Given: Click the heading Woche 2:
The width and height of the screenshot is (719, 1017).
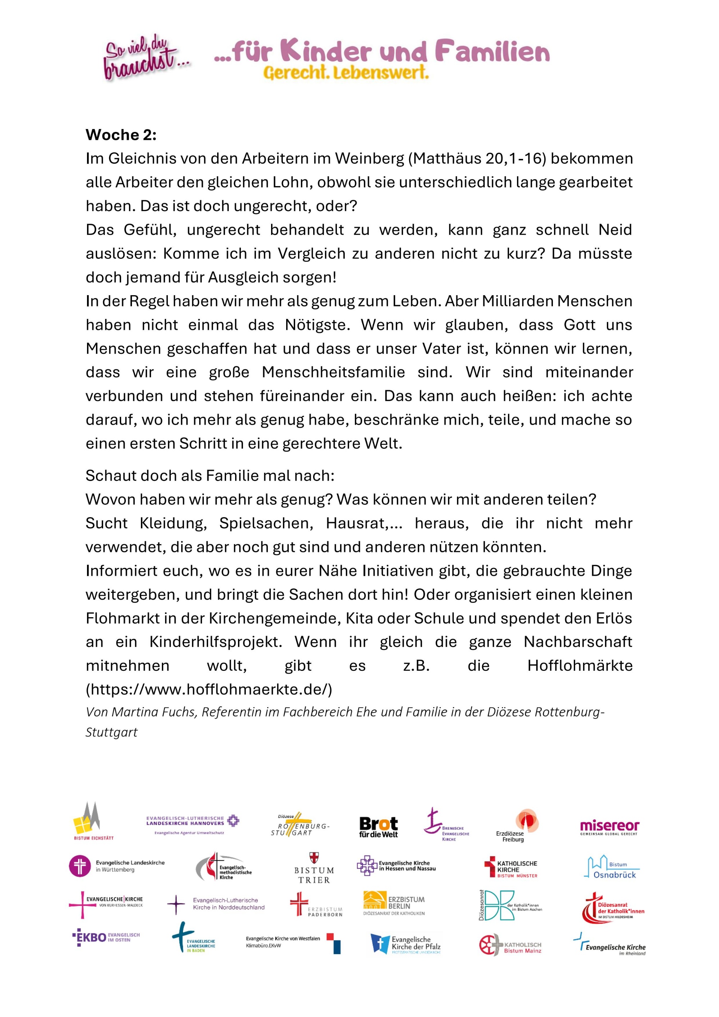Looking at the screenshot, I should (x=121, y=135).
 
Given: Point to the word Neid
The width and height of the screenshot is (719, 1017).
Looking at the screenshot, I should (x=615, y=230).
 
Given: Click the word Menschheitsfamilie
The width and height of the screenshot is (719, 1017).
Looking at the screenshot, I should (x=333, y=372).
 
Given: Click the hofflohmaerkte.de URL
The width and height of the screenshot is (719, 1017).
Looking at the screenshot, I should (x=209, y=689).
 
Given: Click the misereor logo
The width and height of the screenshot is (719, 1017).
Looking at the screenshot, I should (x=609, y=828).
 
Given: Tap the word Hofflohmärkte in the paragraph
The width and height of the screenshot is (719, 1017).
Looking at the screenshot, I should (x=580, y=666).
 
